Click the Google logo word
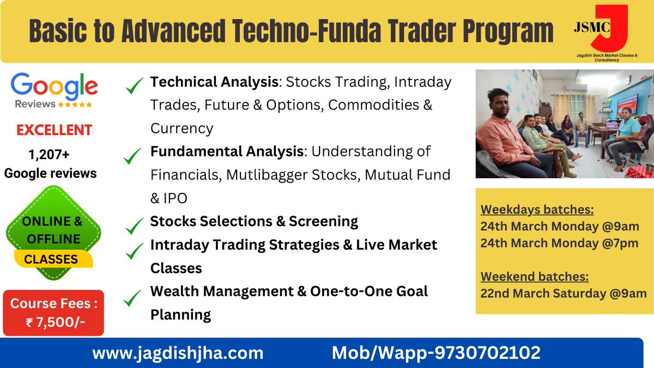click(53, 86)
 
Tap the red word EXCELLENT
click(54, 130)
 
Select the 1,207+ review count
click(50, 155)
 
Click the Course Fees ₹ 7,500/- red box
click(53, 312)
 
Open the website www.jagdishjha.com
click(178, 353)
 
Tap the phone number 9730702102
click(487, 353)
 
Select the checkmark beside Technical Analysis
click(134, 85)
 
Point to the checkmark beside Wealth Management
click(133, 298)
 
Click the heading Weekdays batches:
click(537, 210)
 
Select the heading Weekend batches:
click(534, 276)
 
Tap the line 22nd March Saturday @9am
click(563, 293)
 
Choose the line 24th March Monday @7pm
click(559, 243)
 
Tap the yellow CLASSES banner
click(51, 259)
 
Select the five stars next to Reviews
click(75, 104)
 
